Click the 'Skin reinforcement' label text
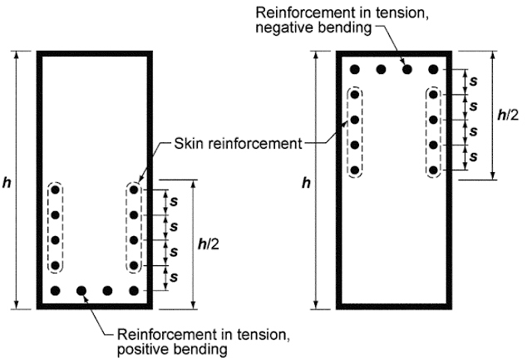(237, 144)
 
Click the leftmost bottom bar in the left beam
(56, 290)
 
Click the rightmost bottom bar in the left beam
(134, 290)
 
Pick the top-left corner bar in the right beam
(355, 69)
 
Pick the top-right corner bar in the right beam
(433, 69)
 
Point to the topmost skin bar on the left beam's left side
(56, 190)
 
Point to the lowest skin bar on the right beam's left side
(355, 170)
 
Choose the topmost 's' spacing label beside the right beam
(473, 82)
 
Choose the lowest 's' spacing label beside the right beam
(473, 157)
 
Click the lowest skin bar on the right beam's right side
(433, 170)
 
